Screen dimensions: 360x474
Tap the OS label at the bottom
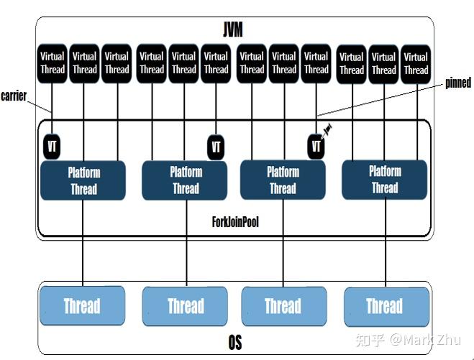(234, 343)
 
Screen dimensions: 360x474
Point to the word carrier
(14, 96)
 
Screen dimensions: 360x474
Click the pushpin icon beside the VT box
(328, 129)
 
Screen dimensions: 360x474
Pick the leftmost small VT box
(52, 146)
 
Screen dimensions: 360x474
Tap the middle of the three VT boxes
(216, 147)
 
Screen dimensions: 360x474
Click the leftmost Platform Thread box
(83, 180)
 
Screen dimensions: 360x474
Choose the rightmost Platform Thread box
(384, 180)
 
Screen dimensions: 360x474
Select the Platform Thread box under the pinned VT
(283, 180)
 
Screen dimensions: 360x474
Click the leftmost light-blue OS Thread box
(82, 306)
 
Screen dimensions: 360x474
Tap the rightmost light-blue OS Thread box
(384, 306)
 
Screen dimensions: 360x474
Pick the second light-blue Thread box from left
(186, 306)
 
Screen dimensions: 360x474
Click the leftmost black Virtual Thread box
(52, 63)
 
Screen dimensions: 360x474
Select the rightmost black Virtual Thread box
(416, 63)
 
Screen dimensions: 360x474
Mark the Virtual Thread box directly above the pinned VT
(316, 63)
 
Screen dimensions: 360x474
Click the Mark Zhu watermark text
(424, 338)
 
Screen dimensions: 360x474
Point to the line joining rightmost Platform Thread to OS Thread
(384, 244)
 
